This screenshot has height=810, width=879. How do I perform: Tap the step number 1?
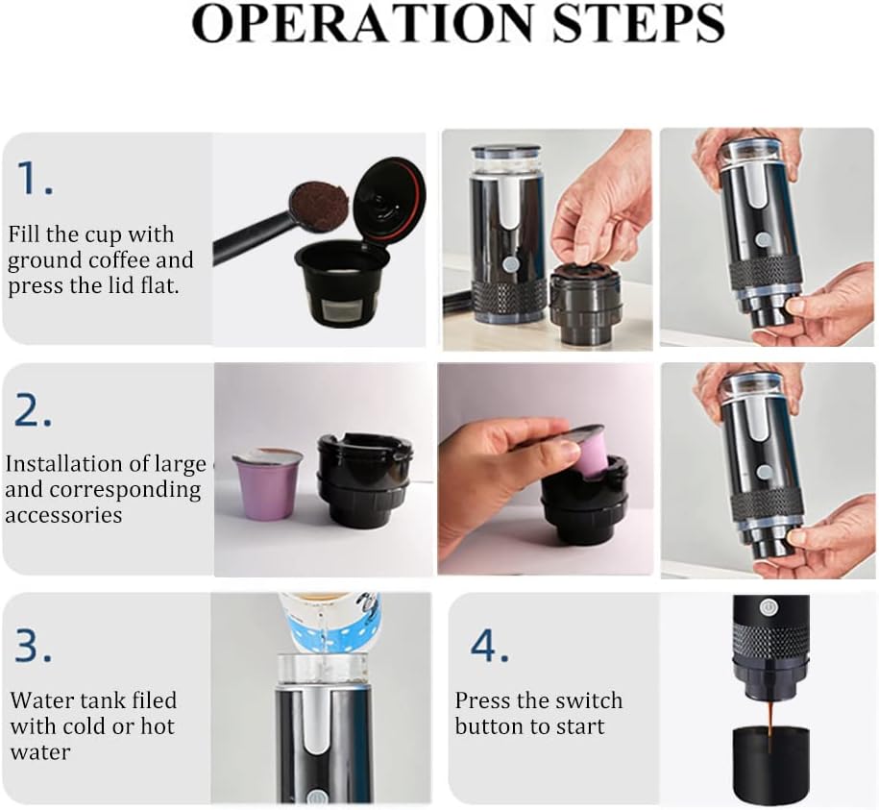pos(35,179)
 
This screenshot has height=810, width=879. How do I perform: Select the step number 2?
pos(33,410)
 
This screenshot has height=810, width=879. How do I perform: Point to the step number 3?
pos(33,646)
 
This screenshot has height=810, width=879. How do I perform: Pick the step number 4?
pos(489,646)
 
